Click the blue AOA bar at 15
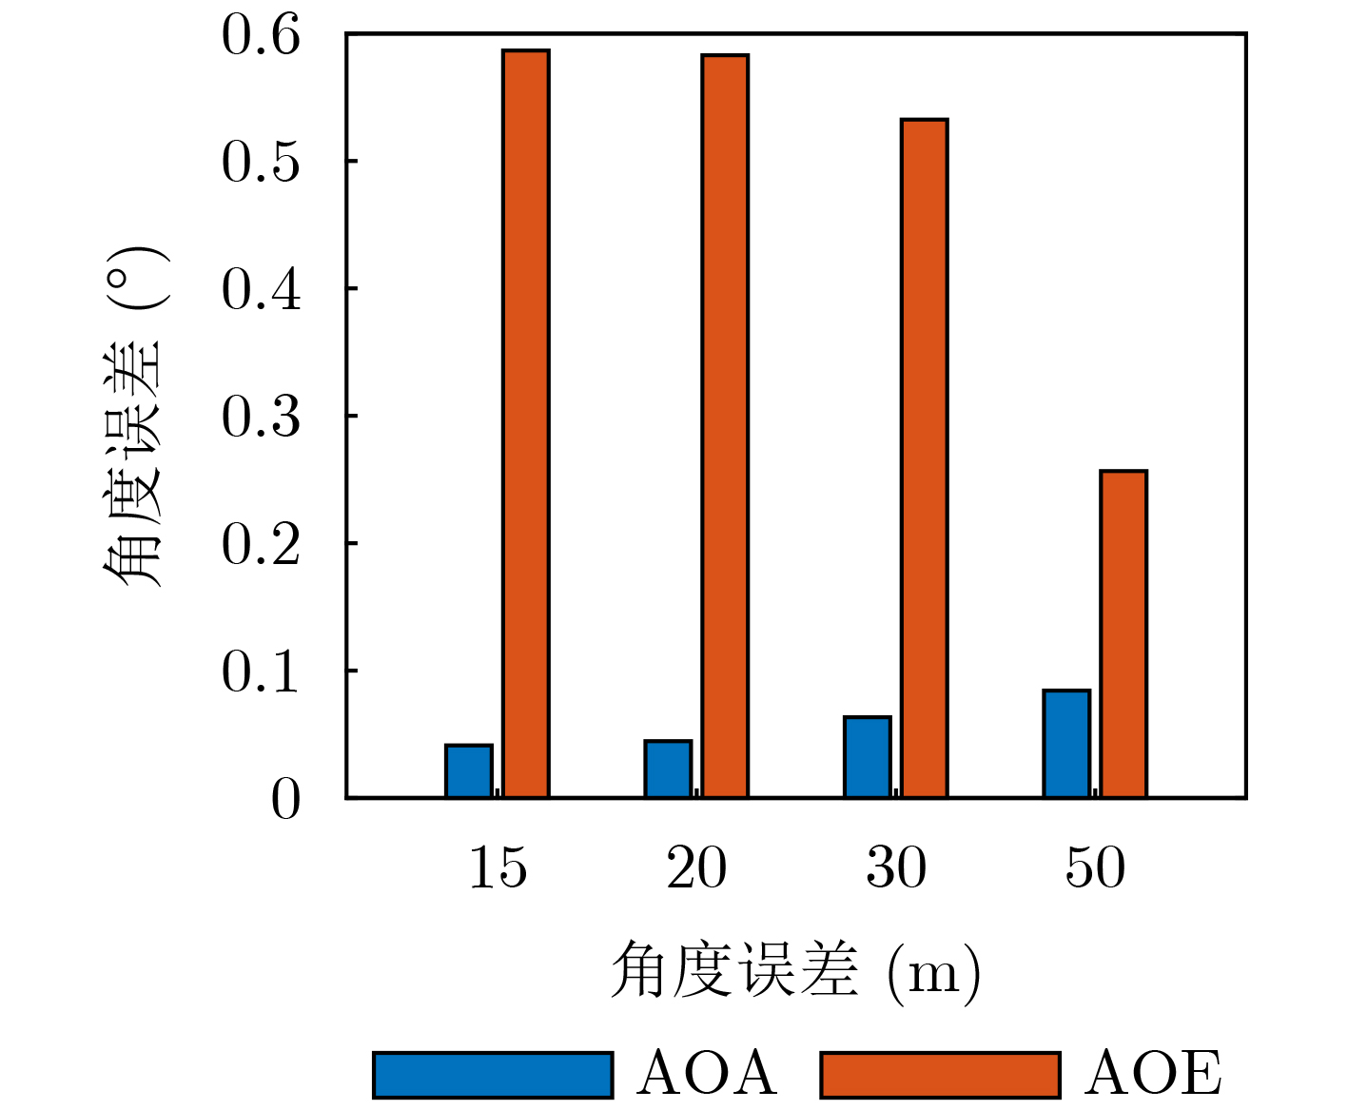point(469,771)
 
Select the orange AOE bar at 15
point(526,423)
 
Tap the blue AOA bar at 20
point(668,769)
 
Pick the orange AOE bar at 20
point(725,426)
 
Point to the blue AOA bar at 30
point(868,757)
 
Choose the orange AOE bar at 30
point(925,458)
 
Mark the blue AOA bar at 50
point(1066,744)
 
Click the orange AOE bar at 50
point(1123,634)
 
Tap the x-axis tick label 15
point(498,867)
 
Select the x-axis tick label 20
point(696,867)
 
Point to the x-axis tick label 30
point(896,867)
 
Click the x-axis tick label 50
point(1095,867)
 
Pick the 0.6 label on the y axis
point(261,36)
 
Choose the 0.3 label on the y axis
point(261,418)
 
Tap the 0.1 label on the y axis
point(261,672)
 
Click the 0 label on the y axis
point(285,800)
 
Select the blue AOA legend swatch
point(493,1075)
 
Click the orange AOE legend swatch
point(940,1075)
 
